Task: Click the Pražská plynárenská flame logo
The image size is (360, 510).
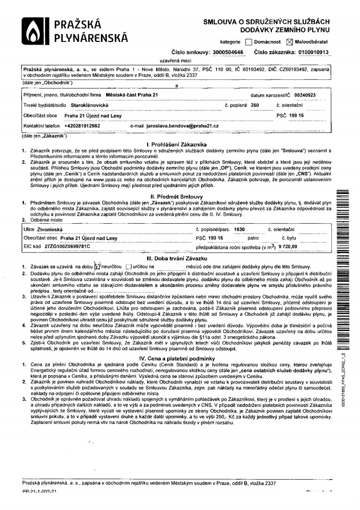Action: pos(33,32)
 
